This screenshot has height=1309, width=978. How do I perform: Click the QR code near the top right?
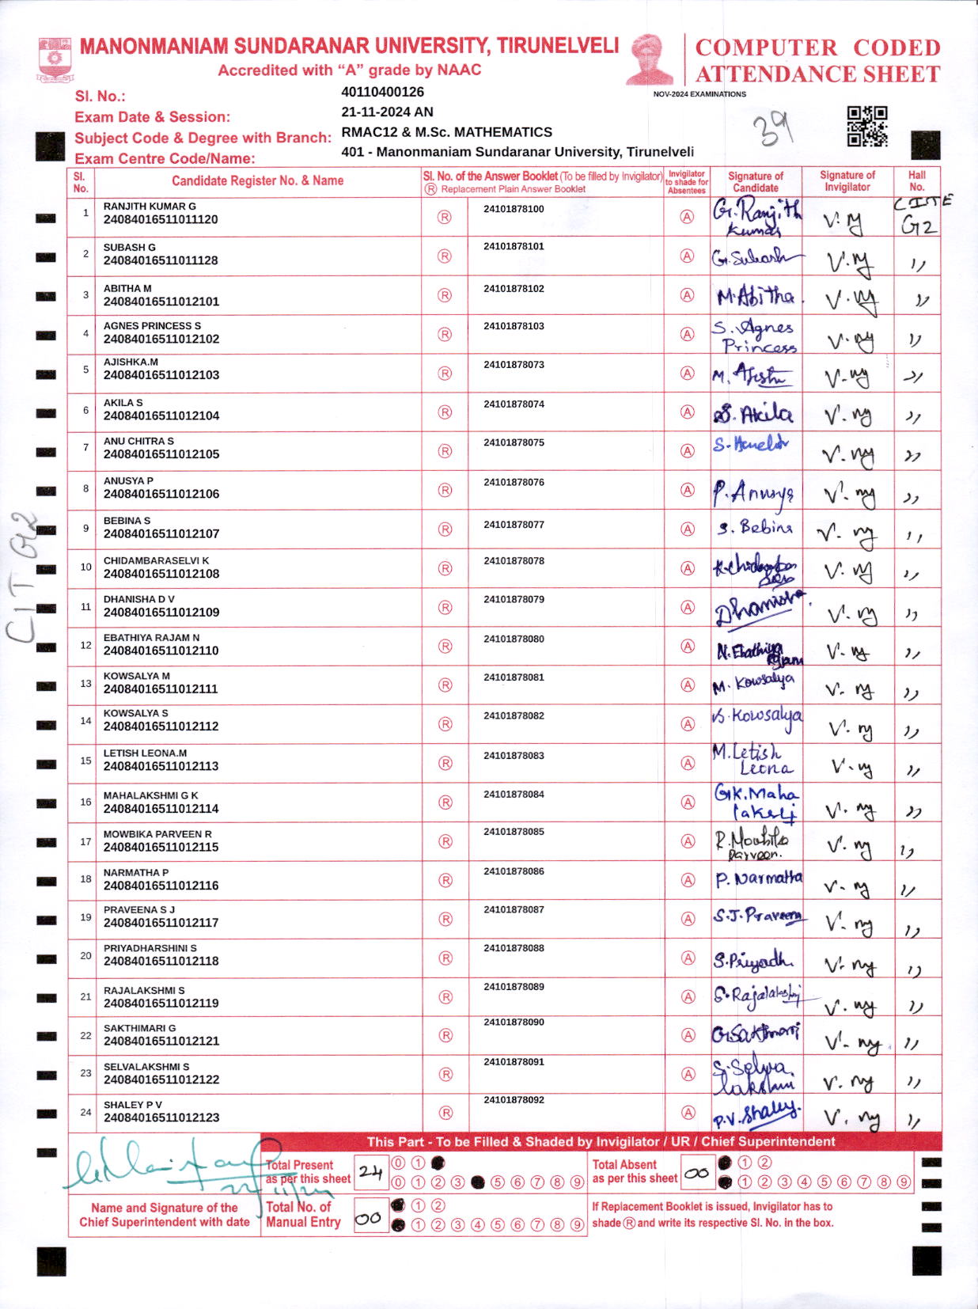coord(866,126)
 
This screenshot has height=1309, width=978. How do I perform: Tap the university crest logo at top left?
coord(55,59)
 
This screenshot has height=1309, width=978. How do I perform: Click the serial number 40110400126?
coord(382,92)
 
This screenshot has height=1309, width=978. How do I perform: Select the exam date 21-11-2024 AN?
coord(387,112)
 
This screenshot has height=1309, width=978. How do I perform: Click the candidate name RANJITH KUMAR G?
coord(150,206)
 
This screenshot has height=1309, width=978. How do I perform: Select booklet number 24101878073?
coord(514,365)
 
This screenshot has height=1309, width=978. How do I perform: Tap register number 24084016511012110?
coord(161,651)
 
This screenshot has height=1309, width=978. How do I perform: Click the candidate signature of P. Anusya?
coord(752,492)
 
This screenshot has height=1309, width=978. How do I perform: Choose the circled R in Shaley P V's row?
coord(445,1113)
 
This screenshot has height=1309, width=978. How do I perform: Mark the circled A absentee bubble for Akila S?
coord(688,412)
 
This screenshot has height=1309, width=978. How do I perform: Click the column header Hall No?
coord(916,181)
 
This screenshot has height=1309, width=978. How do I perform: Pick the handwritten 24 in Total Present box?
coord(370,1172)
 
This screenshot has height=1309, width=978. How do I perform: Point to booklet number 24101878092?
coord(514,1099)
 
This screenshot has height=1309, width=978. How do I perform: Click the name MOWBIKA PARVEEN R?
coord(157,834)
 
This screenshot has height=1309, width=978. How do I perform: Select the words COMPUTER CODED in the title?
coord(817,47)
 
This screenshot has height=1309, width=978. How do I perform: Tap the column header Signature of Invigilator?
coord(847,181)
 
